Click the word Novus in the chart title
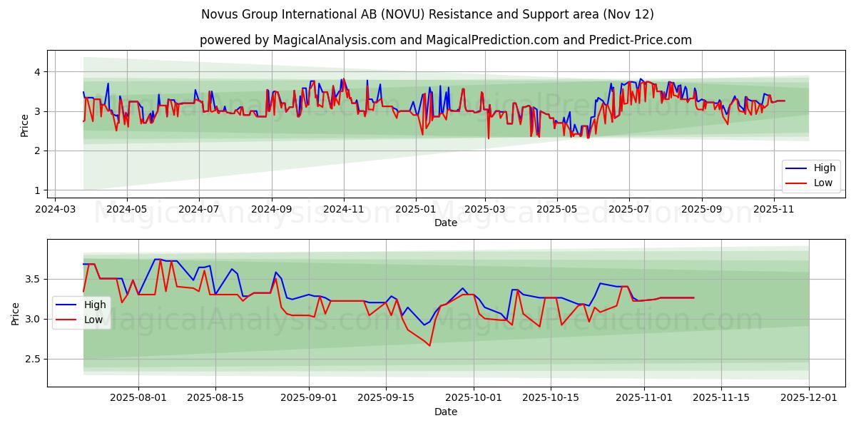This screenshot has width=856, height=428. pos(218,14)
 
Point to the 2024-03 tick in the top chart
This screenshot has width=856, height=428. pos(55,210)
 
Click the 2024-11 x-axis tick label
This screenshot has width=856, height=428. pos(344,210)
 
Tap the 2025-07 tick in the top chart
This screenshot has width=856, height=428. pos(629,210)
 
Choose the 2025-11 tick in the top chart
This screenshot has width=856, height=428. pos(774,210)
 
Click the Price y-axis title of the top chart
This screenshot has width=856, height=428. pos(25,125)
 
